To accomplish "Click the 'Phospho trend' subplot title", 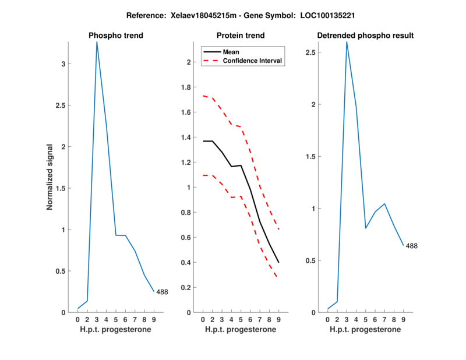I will coord(115,36).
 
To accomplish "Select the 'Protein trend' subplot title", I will coord(241,36).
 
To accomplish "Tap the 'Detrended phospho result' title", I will coord(365,36).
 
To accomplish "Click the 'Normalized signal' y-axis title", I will coord(50,177).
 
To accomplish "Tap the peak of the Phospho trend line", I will coord(97,42).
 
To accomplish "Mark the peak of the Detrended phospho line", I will coord(347,42).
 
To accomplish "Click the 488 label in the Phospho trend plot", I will coord(162,292).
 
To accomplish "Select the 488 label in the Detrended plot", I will coord(411,246).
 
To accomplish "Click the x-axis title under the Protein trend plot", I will coord(241,330).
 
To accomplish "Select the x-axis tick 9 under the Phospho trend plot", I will coord(154,319).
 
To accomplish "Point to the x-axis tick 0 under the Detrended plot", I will coord(327,319).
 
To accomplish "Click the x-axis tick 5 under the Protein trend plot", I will coord(241,319).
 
